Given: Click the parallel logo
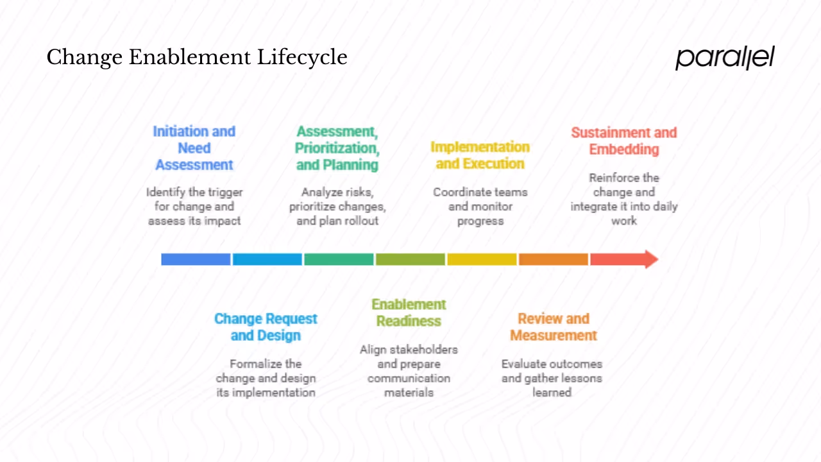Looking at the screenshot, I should (x=725, y=57).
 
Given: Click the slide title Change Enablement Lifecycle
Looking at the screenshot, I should (x=197, y=58).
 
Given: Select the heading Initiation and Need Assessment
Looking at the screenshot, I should (x=194, y=148).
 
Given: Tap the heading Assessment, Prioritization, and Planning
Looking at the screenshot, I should (x=337, y=148).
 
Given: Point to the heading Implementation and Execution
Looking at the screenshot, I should (x=480, y=155).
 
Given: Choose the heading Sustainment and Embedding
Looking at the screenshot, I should (x=624, y=141).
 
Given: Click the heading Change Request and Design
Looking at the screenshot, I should (x=266, y=327).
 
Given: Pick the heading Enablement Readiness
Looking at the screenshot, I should (x=409, y=312).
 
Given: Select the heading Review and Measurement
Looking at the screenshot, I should (x=553, y=327).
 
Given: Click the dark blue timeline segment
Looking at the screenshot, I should (x=196, y=259).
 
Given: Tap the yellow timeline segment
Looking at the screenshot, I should (x=482, y=259).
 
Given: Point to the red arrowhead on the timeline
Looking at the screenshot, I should (x=650, y=259).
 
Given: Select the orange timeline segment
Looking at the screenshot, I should (x=553, y=259).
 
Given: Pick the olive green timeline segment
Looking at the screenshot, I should (x=410, y=259).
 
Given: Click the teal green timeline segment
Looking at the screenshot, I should (x=339, y=259).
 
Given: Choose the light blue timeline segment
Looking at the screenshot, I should (x=267, y=259).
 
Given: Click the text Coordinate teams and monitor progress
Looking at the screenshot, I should (x=480, y=207).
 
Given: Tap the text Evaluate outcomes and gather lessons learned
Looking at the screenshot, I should (x=552, y=378).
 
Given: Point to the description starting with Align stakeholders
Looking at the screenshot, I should (x=409, y=371).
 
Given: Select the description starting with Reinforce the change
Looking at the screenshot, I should (x=624, y=199).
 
